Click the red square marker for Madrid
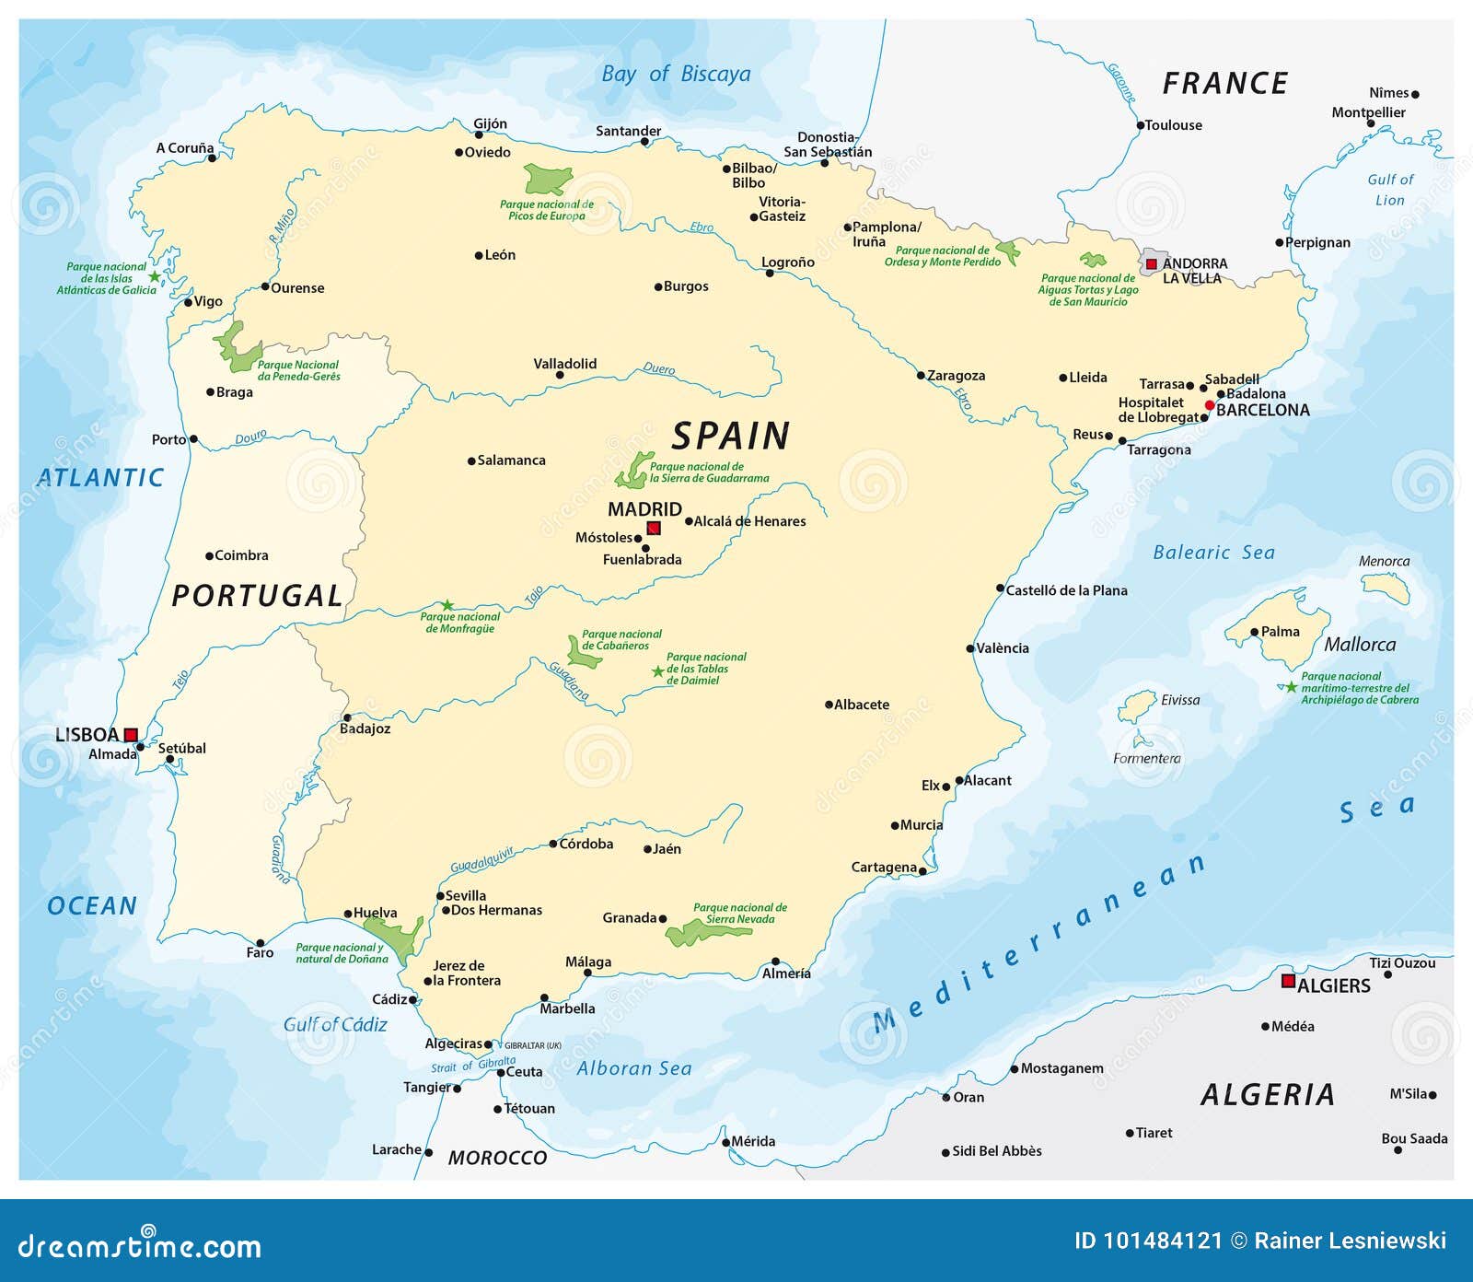tap(654, 528)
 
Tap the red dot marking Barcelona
tap(1210, 405)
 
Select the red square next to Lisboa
tap(131, 734)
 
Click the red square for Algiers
tap(1288, 981)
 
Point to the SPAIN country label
tap(730, 436)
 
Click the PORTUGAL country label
tap(257, 596)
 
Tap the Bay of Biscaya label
tap(676, 74)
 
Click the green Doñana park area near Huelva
tap(396, 934)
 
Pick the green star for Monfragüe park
tap(447, 605)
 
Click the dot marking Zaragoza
tap(921, 375)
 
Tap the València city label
tap(1002, 647)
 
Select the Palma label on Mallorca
tap(1280, 632)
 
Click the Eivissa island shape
tap(1136, 707)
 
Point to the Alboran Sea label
tap(633, 1068)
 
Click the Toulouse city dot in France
tap(1140, 125)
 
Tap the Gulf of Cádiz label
tap(335, 1024)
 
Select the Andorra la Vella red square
tap(1151, 263)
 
